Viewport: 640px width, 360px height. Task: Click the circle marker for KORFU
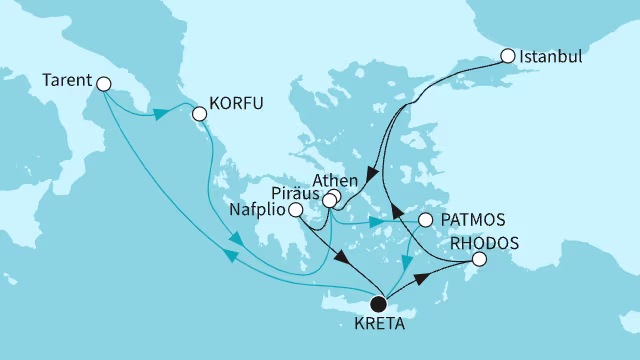point(199,114)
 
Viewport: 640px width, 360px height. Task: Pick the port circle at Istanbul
point(507,57)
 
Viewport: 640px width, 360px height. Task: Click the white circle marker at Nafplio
point(295,210)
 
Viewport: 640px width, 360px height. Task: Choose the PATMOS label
point(468,219)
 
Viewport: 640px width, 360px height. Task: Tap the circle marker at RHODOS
point(479,260)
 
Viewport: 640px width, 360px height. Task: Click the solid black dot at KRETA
point(378,304)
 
